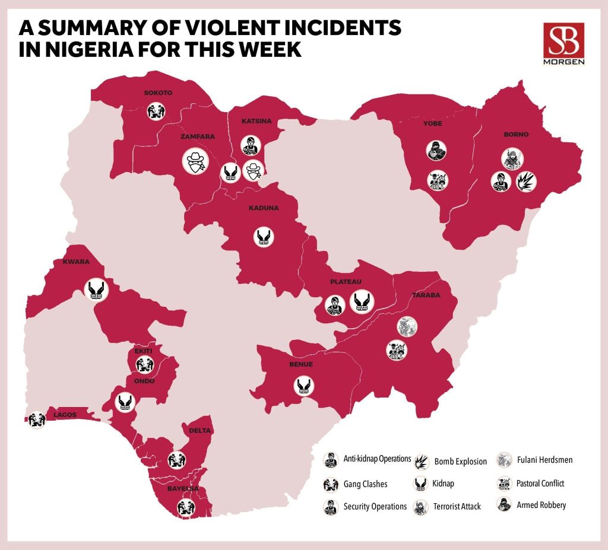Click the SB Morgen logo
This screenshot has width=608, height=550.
tap(563, 44)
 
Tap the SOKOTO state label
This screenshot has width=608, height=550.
tap(158, 93)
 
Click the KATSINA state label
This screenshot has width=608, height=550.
tap(256, 122)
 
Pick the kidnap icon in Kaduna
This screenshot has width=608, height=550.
tap(264, 237)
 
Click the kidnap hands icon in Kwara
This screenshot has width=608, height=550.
tap(98, 290)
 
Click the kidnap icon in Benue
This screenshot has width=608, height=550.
tap(303, 386)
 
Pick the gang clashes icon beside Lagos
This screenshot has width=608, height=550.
tap(37, 419)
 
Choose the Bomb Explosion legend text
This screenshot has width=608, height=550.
tap(460, 462)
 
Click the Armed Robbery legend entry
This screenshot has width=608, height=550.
tap(541, 506)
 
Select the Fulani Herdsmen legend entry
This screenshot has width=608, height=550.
tap(544, 460)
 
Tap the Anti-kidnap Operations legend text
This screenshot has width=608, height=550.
tap(377, 459)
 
